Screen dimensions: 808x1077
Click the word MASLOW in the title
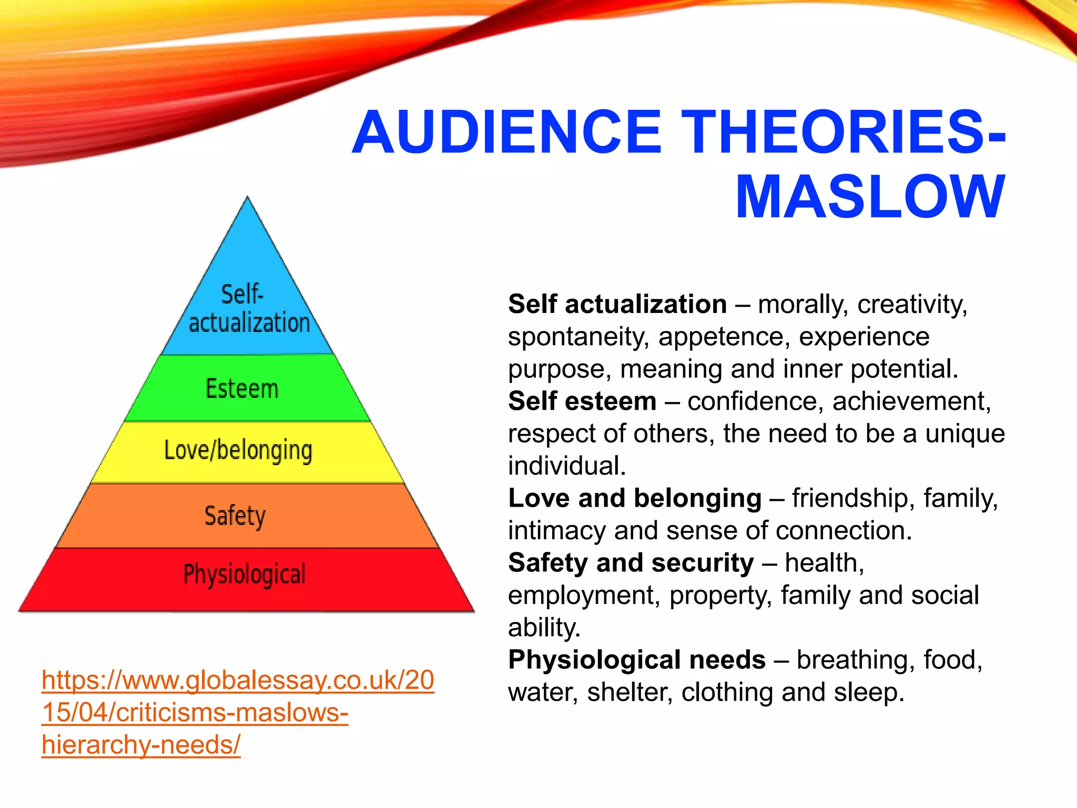tap(870, 197)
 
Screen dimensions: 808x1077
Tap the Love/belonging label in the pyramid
tap(238, 451)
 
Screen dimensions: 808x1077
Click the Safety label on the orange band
tap(235, 516)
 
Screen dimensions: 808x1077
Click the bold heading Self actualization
tap(617, 305)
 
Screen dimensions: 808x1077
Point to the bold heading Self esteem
tap(582, 401)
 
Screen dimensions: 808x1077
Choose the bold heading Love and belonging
tap(635, 498)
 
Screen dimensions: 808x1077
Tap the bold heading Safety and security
tap(631, 563)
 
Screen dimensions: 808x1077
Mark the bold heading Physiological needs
tap(637, 660)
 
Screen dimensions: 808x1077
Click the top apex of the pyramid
tap(248, 199)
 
